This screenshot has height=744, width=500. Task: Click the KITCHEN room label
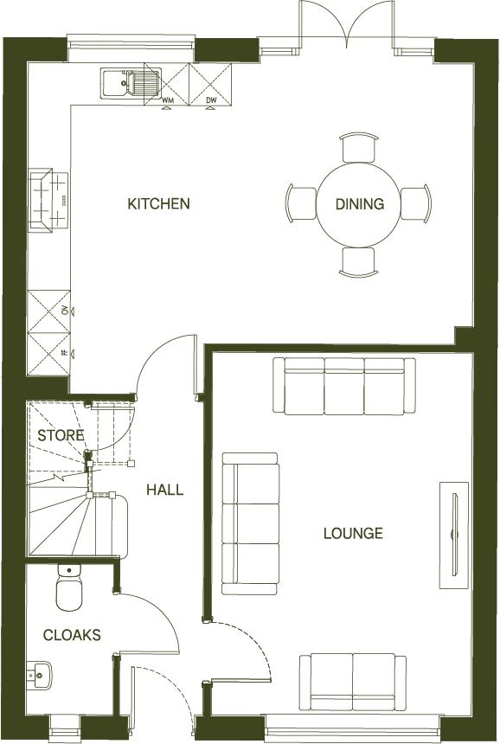tap(158, 204)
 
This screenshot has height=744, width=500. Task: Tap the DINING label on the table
tap(360, 204)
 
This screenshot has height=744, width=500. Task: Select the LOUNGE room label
tap(353, 533)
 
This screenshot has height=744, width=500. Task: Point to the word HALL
tap(164, 490)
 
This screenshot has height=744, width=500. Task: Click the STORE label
tap(61, 435)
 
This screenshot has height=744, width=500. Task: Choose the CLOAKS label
tap(72, 635)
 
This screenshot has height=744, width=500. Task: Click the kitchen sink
tap(129, 84)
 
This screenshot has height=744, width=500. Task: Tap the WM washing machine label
tap(168, 100)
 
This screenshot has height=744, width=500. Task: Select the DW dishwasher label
tap(211, 100)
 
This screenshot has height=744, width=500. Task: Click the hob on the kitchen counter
tap(48, 200)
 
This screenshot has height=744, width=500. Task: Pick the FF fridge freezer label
tap(65, 353)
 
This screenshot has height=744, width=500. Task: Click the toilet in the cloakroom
tap(68, 588)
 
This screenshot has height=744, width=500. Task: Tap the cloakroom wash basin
tap(39, 675)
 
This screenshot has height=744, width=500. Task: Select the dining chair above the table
tap(359, 147)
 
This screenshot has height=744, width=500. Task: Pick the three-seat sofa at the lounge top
tap(344, 385)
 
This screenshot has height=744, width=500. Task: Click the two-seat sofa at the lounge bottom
tap(352, 681)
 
